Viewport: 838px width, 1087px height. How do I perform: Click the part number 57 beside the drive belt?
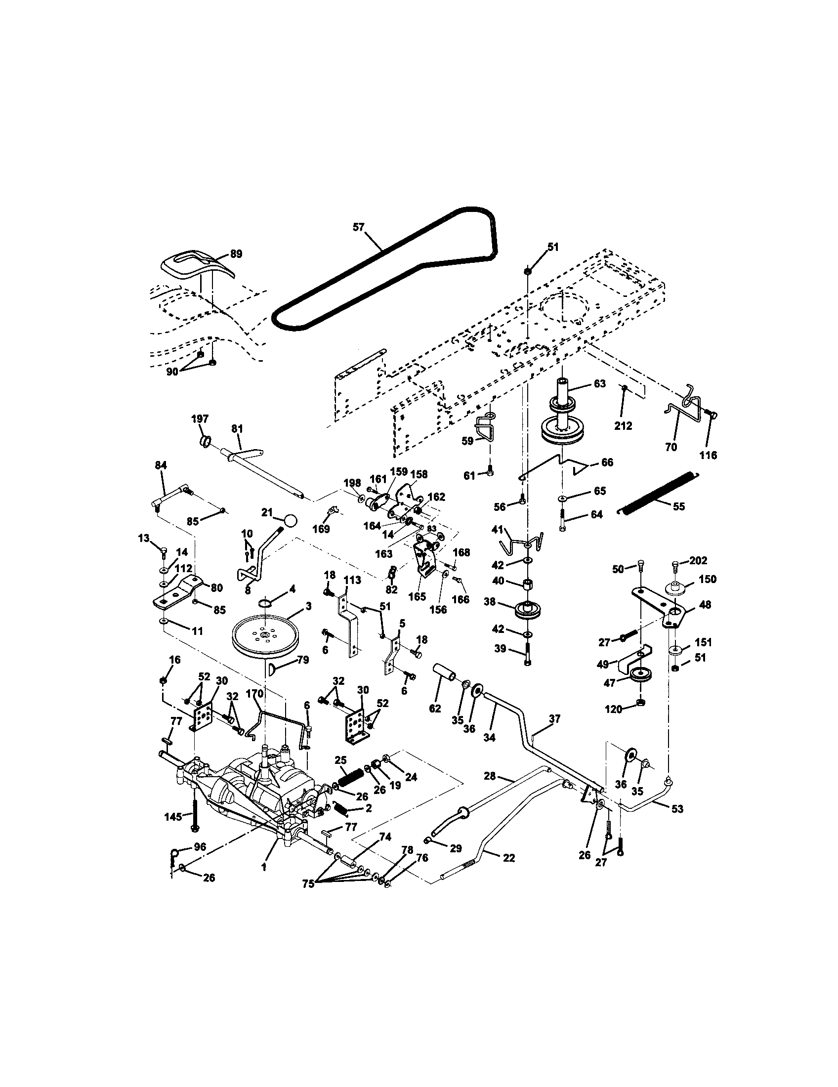pyautogui.click(x=359, y=227)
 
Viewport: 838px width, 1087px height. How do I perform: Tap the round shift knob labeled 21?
pyautogui.click(x=291, y=521)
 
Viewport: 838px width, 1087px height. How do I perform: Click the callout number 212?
pyautogui.click(x=623, y=425)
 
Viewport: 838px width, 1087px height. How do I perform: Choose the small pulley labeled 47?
pyautogui.click(x=640, y=676)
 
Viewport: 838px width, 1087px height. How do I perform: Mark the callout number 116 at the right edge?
pyautogui.click(x=708, y=455)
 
